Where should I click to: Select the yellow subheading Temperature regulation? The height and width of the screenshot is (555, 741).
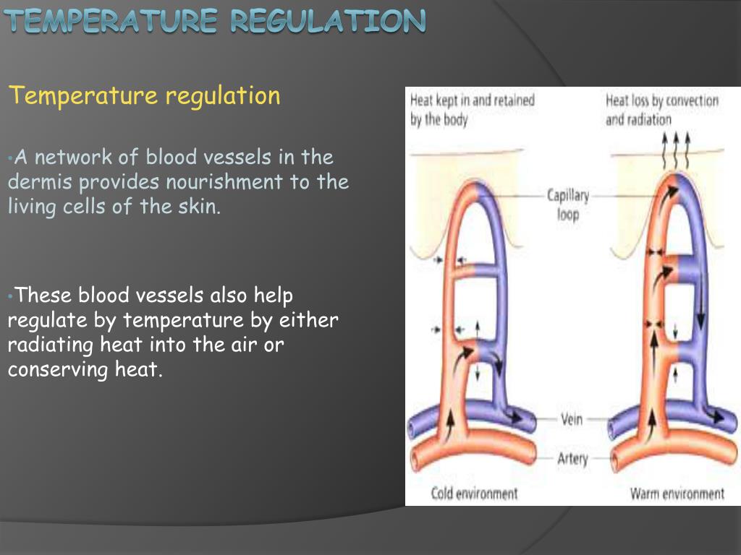[x=144, y=95]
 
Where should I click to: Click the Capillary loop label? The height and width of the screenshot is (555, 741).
[x=568, y=205]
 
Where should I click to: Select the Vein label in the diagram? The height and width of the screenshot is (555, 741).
[x=572, y=419]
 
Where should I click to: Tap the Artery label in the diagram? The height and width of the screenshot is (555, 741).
[x=572, y=458]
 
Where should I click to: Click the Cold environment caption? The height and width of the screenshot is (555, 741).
[x=474, y=494]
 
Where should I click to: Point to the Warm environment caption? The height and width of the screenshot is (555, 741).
[x=677, y=494]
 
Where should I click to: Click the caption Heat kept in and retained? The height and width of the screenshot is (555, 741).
[x=472, y=100]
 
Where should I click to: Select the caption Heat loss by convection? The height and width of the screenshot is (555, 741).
[x=661, y=100]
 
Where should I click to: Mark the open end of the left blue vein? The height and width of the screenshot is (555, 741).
[x=412, y=426]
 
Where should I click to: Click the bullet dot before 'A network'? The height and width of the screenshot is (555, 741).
[x=11, y=158]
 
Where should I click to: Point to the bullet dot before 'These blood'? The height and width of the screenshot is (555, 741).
[x=11, y=296]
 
